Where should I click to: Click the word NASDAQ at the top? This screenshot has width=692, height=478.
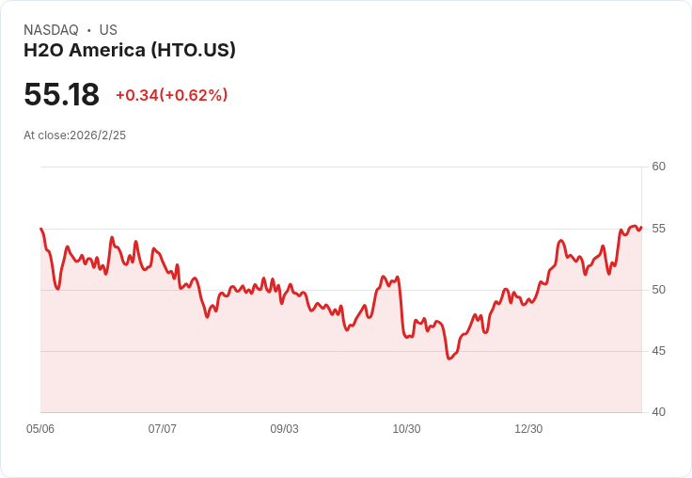[x=51, y=30]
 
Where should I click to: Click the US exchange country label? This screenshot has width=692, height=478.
[x=108, y=30]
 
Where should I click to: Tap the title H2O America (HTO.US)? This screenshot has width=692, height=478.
[x=130, y=50]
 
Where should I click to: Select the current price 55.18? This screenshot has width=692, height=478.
[x=61, y=95]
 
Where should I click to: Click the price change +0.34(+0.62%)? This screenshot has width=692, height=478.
[x=171, y=95]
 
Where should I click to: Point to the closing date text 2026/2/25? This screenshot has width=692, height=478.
[x=98, y=135]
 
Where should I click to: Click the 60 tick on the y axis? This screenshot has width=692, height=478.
[x=659, y=167]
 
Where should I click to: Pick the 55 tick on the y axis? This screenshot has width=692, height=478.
[x=659, y=229]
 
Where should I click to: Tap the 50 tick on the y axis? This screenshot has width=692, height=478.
[x=659, y=290]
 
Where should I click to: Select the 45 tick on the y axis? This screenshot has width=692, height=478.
[x=659, y=351]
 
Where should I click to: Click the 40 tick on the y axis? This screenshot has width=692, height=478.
[x=659, y=412]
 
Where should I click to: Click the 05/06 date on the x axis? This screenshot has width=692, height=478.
[x=40, y=429]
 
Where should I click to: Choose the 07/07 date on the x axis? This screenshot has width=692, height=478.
[x=163, y=429]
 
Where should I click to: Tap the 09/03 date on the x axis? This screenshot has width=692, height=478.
[x=285, y=429]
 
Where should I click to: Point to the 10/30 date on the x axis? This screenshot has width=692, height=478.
[x=406, y=429]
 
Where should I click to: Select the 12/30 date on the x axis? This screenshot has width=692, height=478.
[x=528, y=429]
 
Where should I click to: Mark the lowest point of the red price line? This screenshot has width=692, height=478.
[x=449, y=358]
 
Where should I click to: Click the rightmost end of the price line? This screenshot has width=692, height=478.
[x=641, y=227]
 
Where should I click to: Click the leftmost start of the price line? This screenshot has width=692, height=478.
[x=40, y=229]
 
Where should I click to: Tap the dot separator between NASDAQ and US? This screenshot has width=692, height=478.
[x=89, y=30]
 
